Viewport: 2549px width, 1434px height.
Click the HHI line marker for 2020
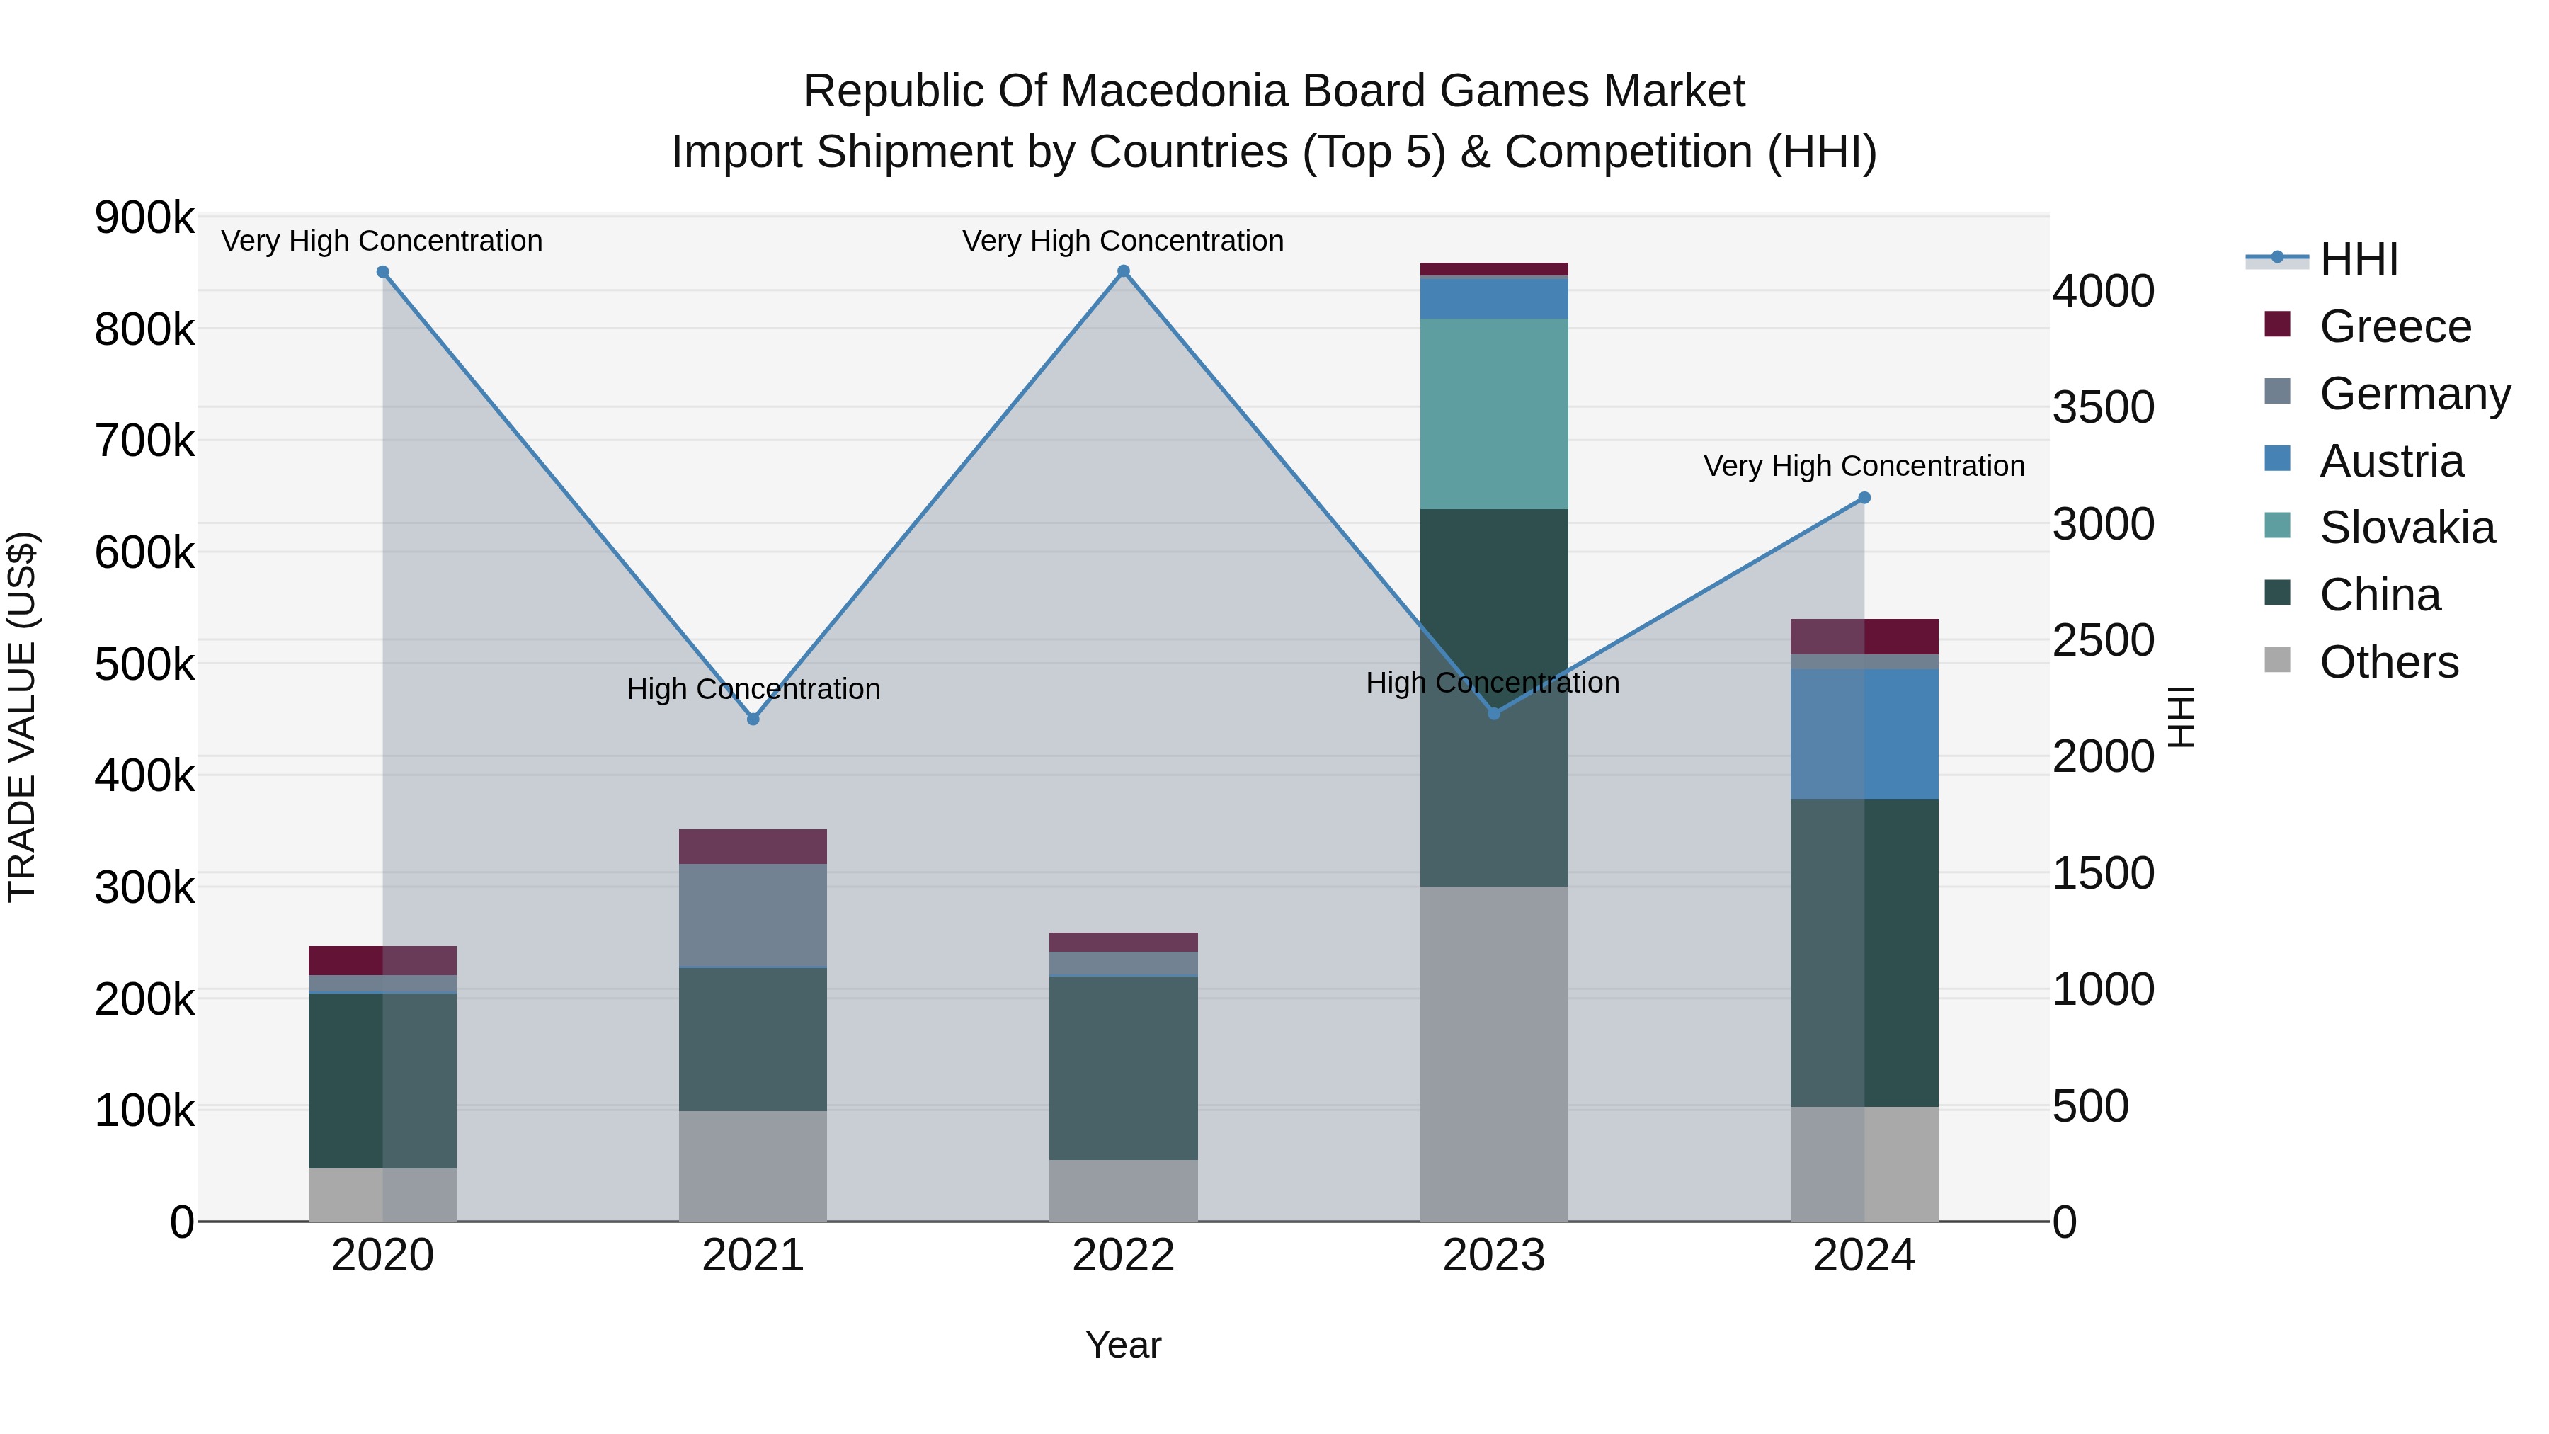point(383,272)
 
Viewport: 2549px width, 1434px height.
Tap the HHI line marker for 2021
point(753,719)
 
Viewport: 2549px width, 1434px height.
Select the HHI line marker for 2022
point(1123,271)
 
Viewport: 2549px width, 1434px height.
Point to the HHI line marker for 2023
point(1494,714)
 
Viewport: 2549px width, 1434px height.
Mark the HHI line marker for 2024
point(1864,498)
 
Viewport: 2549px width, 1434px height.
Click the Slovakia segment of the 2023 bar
point(1494,414)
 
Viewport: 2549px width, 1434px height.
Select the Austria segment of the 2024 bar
point(1864,734)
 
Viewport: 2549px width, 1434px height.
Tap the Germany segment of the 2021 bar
point(753,916)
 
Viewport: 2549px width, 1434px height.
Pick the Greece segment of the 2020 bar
point(383,960)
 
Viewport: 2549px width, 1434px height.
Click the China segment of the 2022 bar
point(1123,1068)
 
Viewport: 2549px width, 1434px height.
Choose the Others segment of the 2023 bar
point(1494,1053)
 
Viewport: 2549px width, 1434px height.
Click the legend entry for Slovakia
point(2407,528)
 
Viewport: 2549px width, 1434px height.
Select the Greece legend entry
point(2395,326)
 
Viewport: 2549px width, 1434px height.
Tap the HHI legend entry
point(2358,259)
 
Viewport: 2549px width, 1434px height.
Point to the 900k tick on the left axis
point(144,217)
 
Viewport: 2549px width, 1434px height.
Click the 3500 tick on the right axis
point(2103,408)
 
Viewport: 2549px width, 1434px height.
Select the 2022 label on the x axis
point(1123,1256)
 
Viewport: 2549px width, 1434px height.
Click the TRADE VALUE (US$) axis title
point(22,717)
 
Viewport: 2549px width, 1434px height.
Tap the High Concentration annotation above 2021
point(753,689)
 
